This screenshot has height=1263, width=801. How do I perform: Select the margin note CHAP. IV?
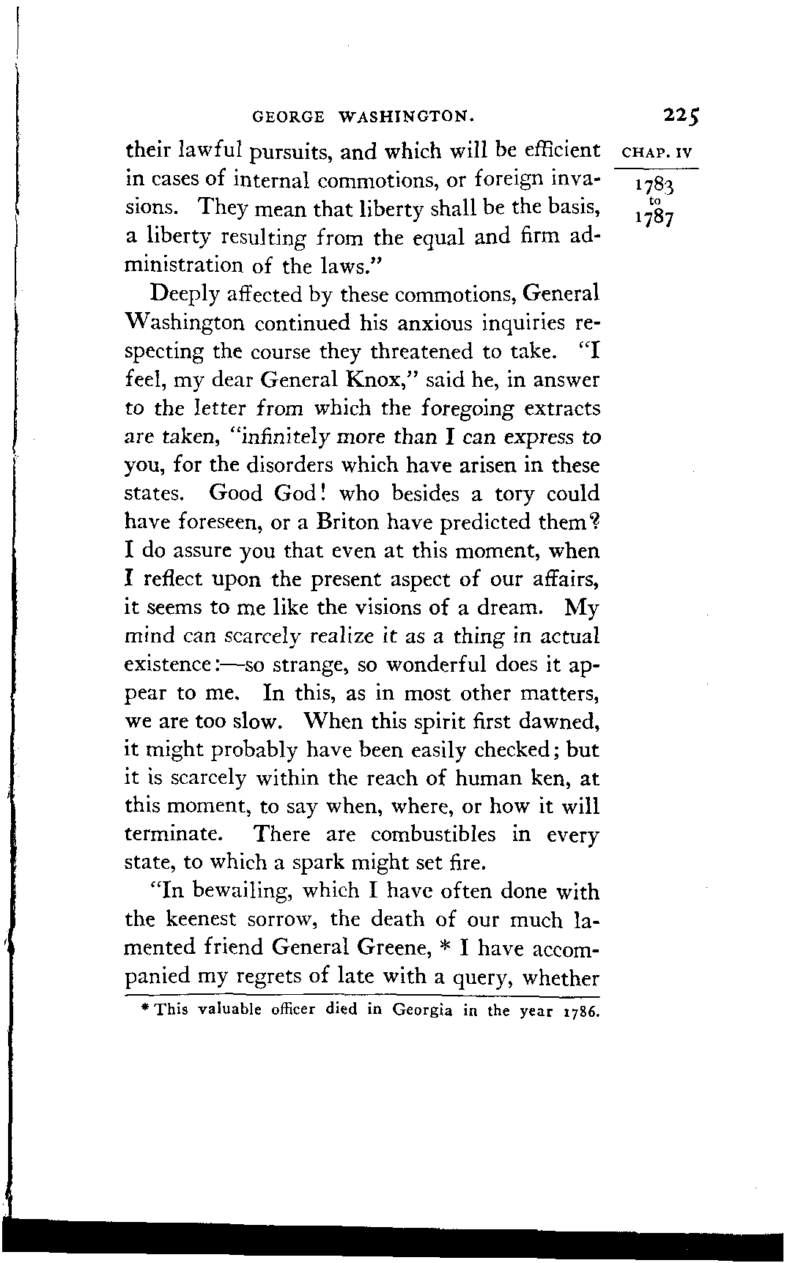point(656,153)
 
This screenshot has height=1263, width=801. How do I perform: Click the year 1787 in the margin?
point(654,218)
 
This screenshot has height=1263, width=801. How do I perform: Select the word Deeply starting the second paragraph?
point(188,295)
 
